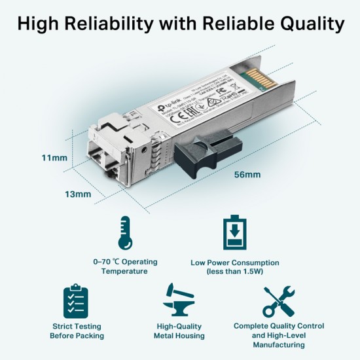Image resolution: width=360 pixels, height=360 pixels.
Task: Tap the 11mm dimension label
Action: [54, 158]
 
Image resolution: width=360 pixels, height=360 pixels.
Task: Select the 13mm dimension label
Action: [78, 194]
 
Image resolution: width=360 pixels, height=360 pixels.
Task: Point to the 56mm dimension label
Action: [247, 175]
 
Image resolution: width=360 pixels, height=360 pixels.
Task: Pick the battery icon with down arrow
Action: [234, 234]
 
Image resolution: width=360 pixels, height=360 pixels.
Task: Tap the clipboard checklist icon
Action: [77, 302]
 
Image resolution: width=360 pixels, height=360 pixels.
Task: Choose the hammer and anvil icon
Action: [179, 302]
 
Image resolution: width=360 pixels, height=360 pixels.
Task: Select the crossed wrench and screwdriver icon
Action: [278, 302]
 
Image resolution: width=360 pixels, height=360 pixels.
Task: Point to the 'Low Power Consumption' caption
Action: [234, 262]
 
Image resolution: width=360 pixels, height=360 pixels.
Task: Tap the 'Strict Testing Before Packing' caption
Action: [77, 331]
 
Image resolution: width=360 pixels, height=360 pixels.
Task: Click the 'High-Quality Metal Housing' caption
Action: [179, 331]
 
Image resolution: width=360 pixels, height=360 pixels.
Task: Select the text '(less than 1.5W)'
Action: [234, 271]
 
